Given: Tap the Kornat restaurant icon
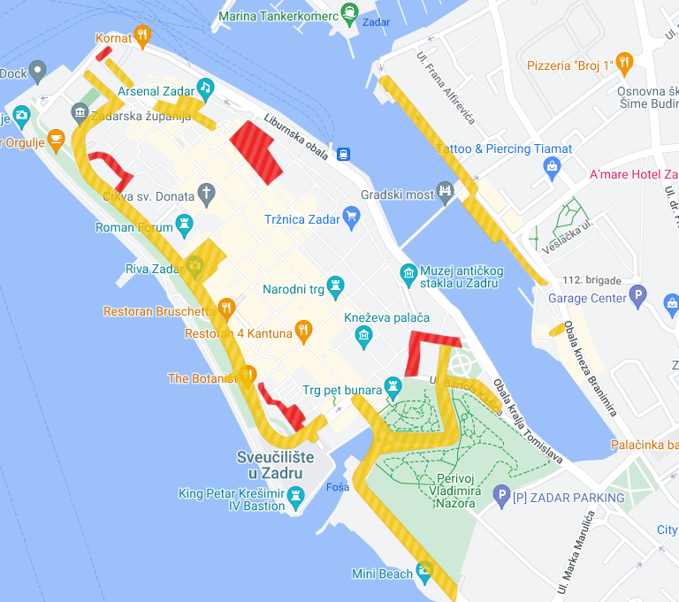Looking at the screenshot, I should click(142, 37).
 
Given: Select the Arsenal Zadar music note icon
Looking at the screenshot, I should click(205, 88).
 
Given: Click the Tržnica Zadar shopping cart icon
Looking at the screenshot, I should click(351, 216).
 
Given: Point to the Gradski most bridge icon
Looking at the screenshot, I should click(446, 192).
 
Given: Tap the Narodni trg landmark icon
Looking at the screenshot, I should click(335, 286).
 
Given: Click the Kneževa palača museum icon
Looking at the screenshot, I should click(362, 334).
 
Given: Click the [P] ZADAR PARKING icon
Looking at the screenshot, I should click(501, 496).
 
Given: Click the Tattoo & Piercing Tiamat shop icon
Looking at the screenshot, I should click(553, 165).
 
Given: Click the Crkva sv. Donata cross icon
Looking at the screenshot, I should click(206, 193).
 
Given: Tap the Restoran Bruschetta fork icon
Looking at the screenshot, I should click(226, 309).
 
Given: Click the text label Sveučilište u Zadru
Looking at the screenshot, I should click(270, 465).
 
